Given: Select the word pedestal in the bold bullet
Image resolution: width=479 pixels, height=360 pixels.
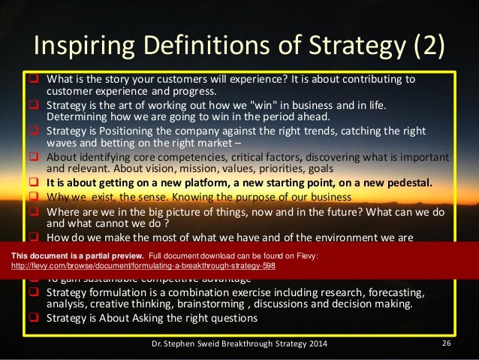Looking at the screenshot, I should [x=408, y=182].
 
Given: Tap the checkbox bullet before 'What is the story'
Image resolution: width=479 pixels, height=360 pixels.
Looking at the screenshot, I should [x=35, y=80].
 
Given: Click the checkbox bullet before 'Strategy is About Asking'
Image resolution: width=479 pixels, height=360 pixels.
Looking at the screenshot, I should [x=35, y=318].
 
